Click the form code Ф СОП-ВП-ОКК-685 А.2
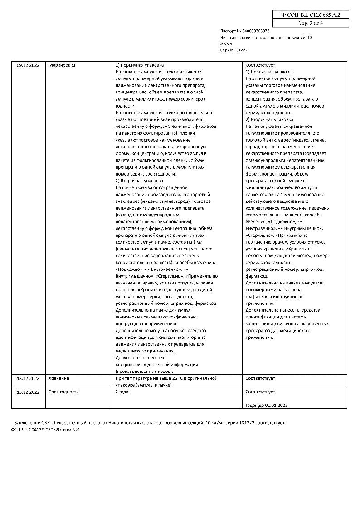point(311,15)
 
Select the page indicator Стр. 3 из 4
point(311,23)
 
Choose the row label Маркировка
point(62,65)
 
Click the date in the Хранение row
point(28,378)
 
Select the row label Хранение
point(58,378)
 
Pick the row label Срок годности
point(63,392)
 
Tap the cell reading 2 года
point(122,392)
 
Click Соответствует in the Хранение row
point(260,378)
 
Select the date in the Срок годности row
point(28,392)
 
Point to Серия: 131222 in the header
point(234,50)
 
